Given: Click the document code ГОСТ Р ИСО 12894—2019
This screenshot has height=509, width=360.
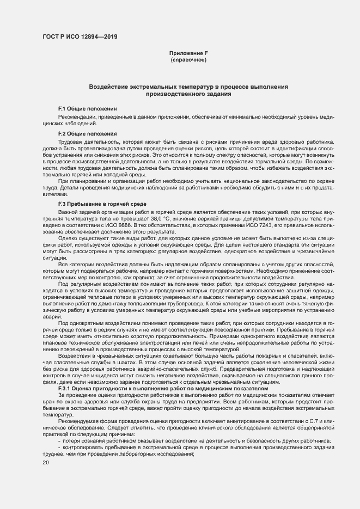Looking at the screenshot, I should (x=80, y=37).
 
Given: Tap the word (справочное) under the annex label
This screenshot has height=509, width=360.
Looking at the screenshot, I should (x=188, y=59).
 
